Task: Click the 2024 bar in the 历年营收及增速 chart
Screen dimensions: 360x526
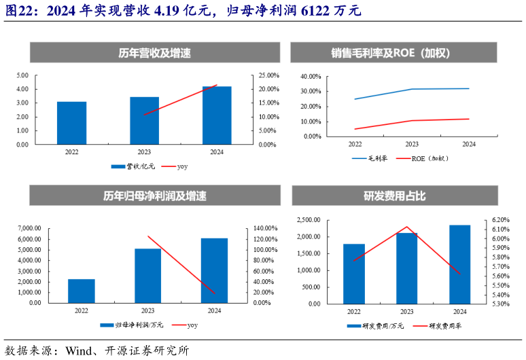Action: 217,115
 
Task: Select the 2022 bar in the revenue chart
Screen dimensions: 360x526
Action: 71,123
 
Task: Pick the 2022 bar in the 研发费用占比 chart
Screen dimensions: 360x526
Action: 354,274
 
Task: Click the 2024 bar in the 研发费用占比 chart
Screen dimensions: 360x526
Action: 459,264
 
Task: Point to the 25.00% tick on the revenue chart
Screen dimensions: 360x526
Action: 268,75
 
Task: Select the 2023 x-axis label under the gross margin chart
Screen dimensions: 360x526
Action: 412,144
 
